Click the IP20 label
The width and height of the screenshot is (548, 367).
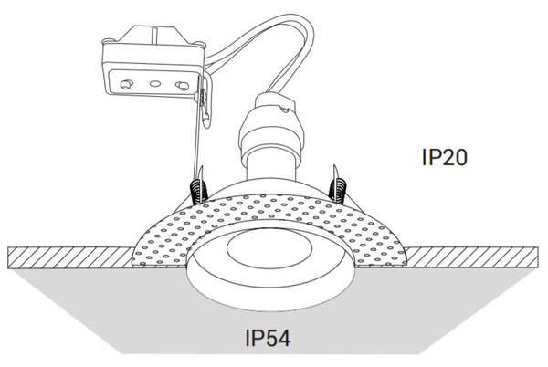click(444, 158)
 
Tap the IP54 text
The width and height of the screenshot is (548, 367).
click(268, 338)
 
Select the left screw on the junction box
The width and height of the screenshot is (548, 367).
click(126, 84)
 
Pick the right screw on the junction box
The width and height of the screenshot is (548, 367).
click(183, 85)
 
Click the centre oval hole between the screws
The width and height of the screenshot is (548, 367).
click(155, 84)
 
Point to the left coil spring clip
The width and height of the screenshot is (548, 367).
click(199, 191)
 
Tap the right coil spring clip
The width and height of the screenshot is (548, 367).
click(338, 189)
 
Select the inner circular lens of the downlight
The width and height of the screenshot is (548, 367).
click(269, 248)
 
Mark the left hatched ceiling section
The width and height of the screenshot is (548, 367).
click(70, 257)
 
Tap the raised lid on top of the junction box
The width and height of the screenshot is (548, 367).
click(152, 35)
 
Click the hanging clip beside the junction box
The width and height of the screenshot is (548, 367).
click(205, 101)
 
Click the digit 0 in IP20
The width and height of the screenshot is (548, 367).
click(460, 158)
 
